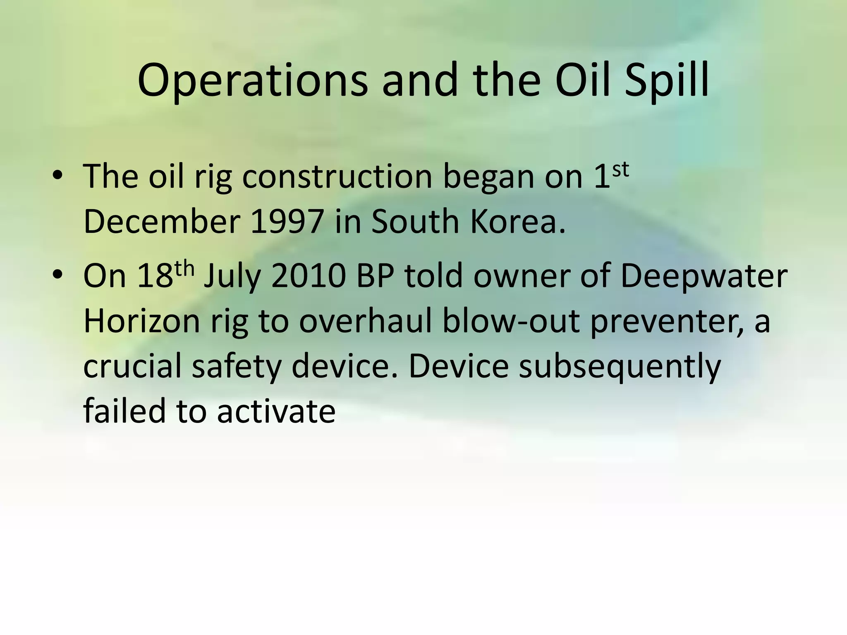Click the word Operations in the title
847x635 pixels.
252,81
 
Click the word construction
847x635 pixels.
337,177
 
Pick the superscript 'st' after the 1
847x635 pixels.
620,169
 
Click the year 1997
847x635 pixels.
287,222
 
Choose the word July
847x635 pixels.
233,277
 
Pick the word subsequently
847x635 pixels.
620,367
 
